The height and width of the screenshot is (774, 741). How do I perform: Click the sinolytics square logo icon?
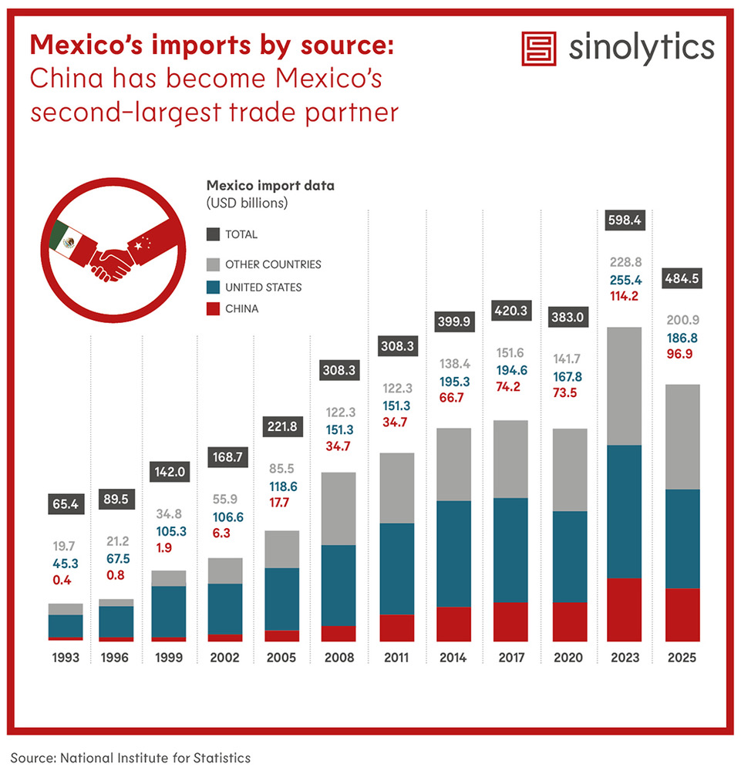(x=539, y=49)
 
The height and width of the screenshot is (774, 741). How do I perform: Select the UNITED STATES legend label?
(x=263, y=287)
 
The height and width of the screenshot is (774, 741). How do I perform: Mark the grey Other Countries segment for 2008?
(x=338, y=508)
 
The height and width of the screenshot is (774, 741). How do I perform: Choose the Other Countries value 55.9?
(x=223, y=499)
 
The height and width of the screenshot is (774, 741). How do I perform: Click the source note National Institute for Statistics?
(x=130, y=758)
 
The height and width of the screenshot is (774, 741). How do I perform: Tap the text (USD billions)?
(x=247, y=204)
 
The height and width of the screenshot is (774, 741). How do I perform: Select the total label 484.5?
(x=682, y=278)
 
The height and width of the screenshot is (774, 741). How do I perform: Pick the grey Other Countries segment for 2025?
(x=682, y=436)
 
